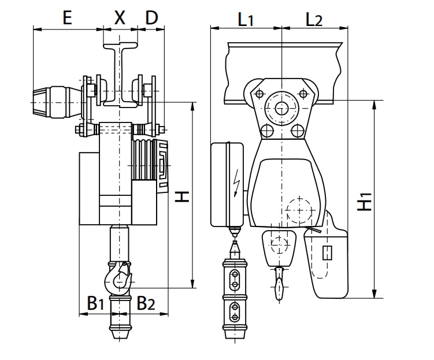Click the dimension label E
[66, 18]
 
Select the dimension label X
[120, 18]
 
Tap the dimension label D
[151, 18]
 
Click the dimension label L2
[314, 19]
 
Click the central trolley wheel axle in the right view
[281, 107]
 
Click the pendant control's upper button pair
[235, 279]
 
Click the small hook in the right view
[280, 284]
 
